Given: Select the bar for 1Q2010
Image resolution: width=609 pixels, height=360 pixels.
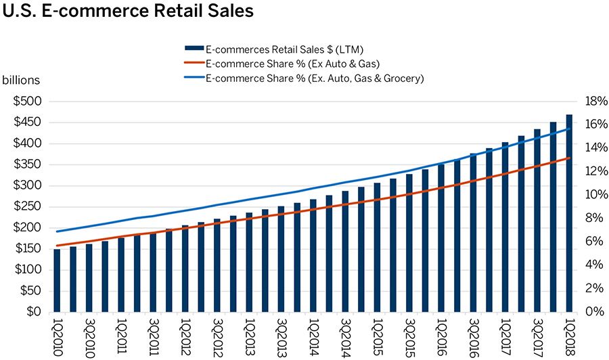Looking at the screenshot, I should (x=57, y=280).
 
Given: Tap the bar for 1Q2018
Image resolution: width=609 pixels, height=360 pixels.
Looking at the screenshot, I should (x=569, y=213).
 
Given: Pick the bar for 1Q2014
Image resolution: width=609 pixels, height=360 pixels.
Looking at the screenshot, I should (x=313, y=255).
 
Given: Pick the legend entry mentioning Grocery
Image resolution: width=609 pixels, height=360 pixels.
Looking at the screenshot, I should (x=314, y=78).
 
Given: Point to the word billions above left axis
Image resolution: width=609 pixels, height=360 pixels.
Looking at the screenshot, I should (x=21, y=80).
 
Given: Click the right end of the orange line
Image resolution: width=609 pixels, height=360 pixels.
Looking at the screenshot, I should (x=570, y=158).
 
